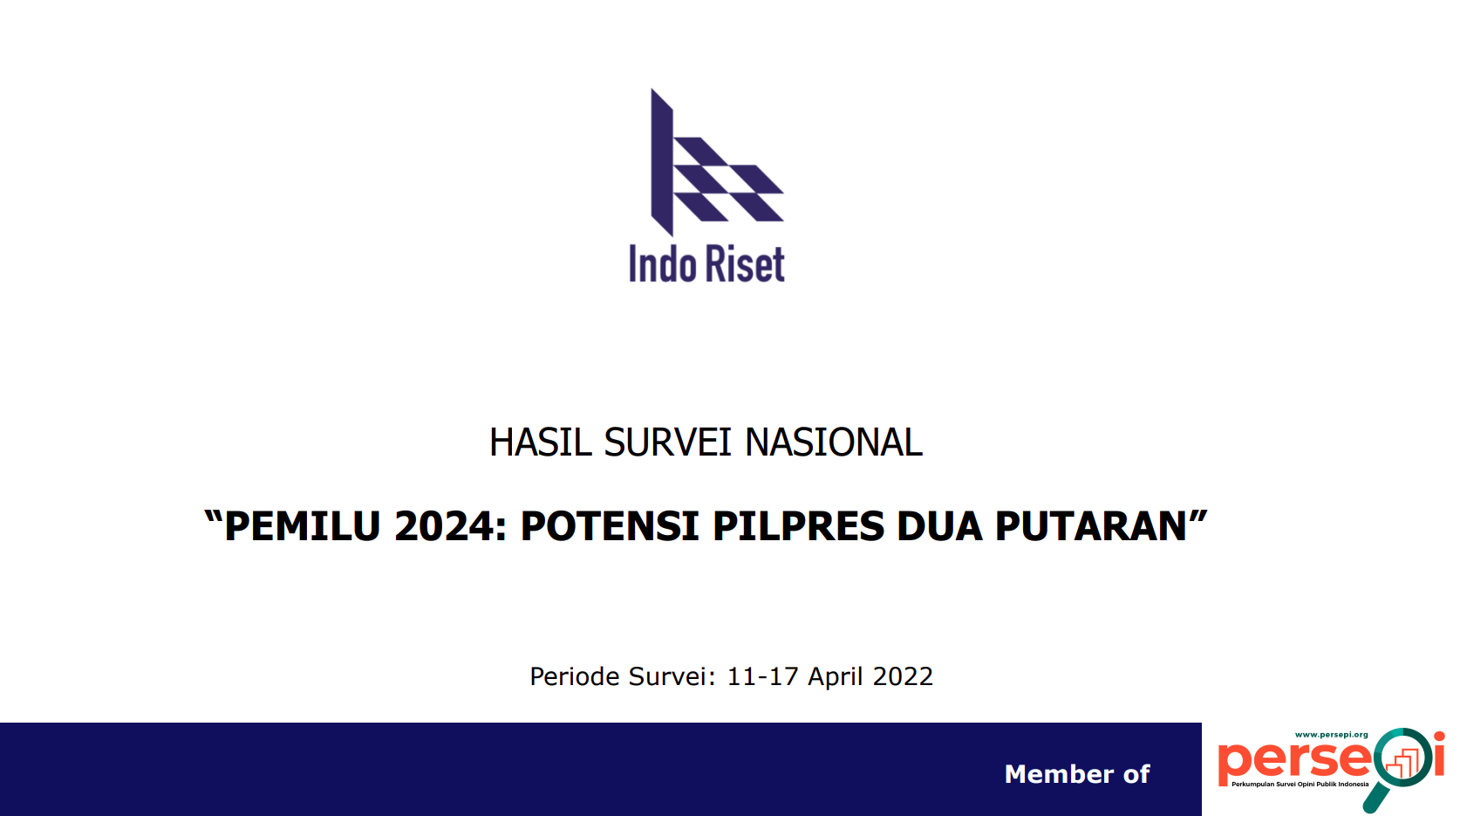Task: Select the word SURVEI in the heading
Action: tap(668, 442)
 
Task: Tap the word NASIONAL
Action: tap(834, 442)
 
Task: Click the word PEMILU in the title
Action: tap(302, 525)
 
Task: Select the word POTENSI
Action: tap(610, 525)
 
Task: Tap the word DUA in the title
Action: tap(939, 525)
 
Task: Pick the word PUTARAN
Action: tap(1091, 525)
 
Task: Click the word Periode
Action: tap(574, 676)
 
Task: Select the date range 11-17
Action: tap(762, 676)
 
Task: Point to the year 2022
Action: tap(903, 676)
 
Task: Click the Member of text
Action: tap(1077, 774)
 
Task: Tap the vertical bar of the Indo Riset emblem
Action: tap(662, 162)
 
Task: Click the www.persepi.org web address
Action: tap(1331, 735)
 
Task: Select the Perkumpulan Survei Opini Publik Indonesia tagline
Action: tap(1300, 784)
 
